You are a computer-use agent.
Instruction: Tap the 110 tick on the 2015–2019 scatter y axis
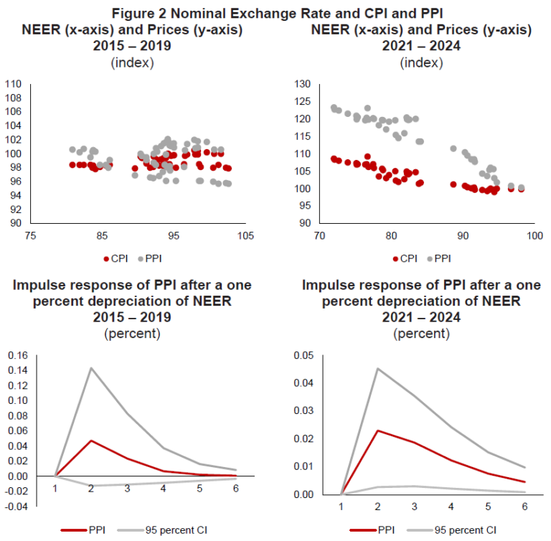(x=14, y=84)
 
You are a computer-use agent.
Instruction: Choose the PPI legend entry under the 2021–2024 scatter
(x=440, y=258)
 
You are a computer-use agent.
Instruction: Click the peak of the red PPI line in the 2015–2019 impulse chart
(x=92, y=441)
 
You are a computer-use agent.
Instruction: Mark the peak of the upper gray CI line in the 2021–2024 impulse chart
(x=378, y=369)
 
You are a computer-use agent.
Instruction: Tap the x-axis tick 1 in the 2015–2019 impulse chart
(x=54, y=489)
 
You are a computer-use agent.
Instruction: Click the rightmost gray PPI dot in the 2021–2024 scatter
(x=521, y=188)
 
